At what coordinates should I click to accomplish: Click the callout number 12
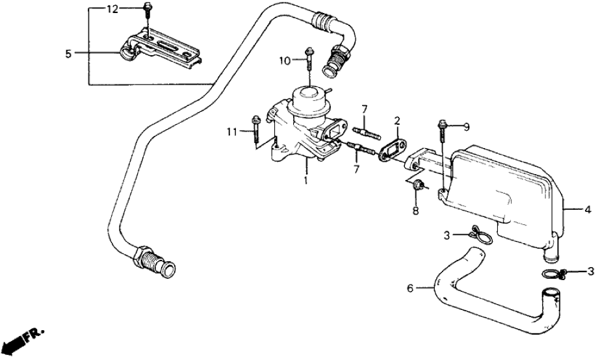coord(112,9)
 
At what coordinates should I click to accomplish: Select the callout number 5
coord(69,54)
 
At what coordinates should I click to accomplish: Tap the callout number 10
coord(283,61)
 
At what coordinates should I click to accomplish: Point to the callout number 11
coord(232,132)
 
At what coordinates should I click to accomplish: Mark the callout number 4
coord(588,209)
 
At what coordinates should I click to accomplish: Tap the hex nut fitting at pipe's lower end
coord(142,256)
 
